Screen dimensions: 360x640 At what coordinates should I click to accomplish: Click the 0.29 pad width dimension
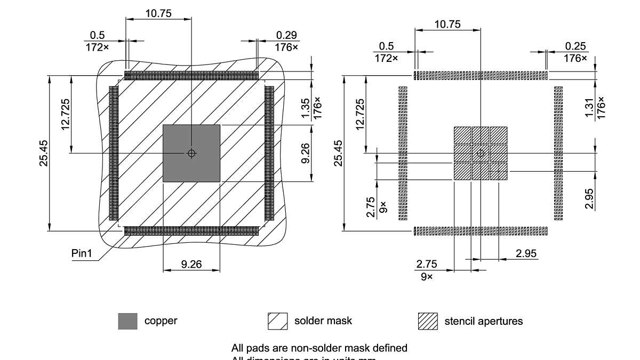(287, 35)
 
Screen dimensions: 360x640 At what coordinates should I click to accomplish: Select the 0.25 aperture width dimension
(575, 46)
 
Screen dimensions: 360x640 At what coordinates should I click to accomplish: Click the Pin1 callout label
(82, 253)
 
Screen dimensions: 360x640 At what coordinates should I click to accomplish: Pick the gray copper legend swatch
(127, 321)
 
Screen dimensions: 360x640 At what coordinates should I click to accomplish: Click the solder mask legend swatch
(277, 321)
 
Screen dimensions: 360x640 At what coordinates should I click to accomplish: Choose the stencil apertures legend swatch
(428, 321)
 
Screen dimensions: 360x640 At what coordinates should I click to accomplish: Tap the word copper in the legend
(161, 321)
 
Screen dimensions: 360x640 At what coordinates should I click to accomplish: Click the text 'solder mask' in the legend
(323, 321)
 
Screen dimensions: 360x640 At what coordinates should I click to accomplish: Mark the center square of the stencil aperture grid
(481, 154)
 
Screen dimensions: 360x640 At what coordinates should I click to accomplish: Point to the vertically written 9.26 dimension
(306, 153)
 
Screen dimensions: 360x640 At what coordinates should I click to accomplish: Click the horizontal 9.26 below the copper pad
(191, 263)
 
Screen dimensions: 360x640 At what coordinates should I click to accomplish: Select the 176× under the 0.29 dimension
(287, 47)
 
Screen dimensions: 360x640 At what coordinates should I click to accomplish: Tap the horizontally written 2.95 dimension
(526, 253)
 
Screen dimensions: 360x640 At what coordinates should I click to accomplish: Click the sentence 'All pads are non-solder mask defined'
(319, 348)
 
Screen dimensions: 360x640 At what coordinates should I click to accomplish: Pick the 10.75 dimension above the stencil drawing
(447, 24)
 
